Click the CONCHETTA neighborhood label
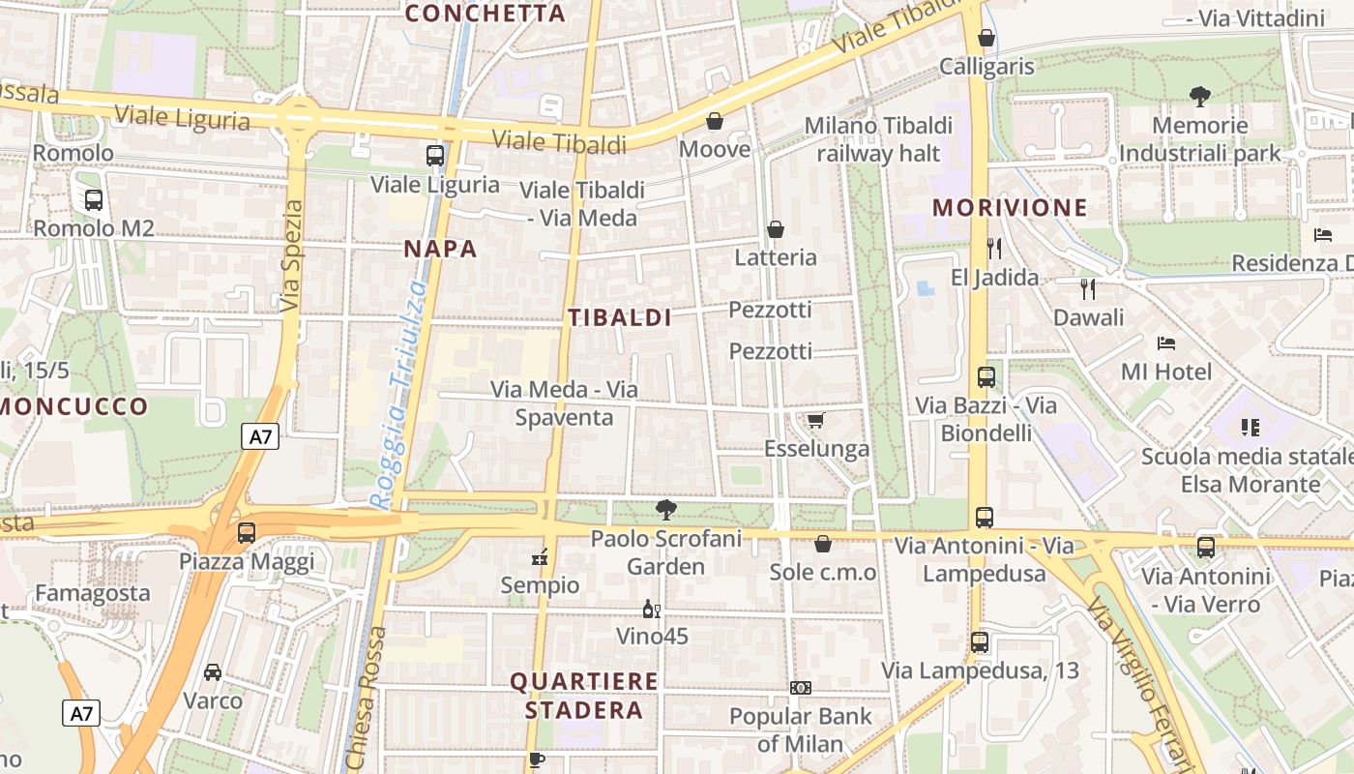485,14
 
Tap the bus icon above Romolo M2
94,200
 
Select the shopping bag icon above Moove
715,121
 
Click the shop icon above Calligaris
986,39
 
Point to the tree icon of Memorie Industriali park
1200,97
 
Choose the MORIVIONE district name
1010,207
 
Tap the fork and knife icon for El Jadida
994,249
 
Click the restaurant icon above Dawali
1089,288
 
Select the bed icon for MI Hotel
1166,343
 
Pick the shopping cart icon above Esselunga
816,420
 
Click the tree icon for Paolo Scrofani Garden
665,510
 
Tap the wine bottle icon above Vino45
652,609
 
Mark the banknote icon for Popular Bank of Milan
801,688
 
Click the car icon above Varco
213,671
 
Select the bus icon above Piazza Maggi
247,532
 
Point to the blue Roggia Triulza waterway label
400,395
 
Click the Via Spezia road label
291,255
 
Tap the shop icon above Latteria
776,229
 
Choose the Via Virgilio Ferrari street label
1136,677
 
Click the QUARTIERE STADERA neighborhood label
584,696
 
